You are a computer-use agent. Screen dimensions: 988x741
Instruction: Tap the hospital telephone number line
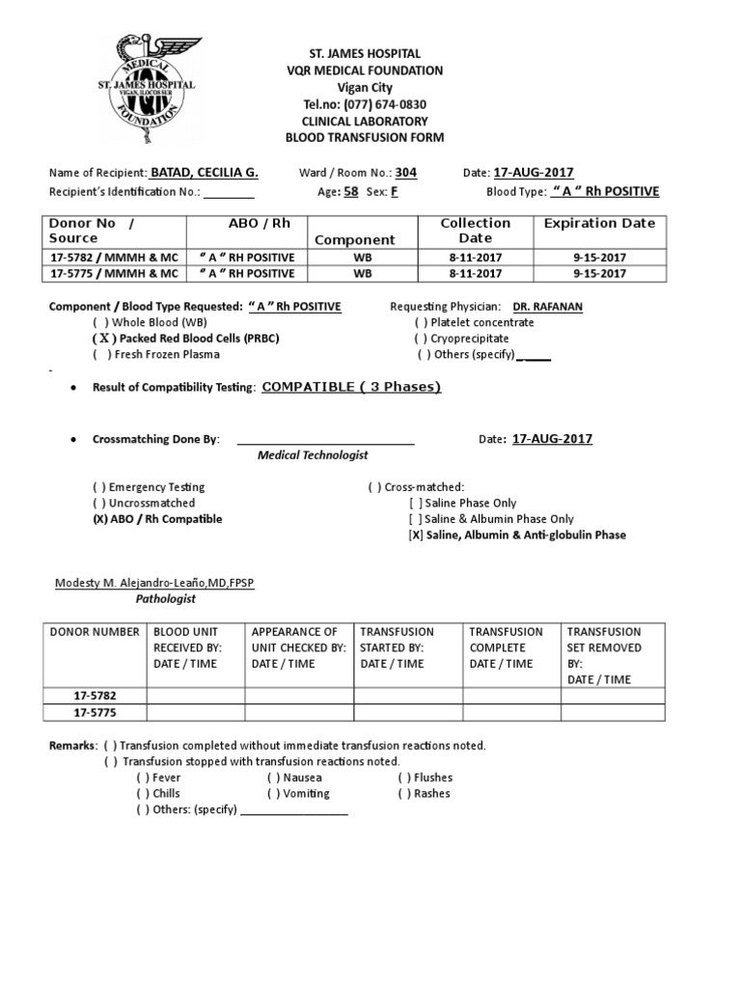pos(364,104)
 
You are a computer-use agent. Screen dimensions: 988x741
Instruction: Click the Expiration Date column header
pos(599,223)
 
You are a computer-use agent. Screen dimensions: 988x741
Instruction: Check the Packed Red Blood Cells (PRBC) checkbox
pos(100,339)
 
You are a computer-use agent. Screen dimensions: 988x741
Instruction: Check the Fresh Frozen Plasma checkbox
pos(100,355)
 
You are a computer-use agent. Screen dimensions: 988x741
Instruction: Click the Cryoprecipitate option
pos(422,339)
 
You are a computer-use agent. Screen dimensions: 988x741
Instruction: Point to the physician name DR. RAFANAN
pos(548,307)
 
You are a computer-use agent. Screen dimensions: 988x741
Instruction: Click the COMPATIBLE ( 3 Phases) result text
pos(351,387)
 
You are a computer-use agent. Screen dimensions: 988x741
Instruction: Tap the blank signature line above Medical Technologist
pos(325,442)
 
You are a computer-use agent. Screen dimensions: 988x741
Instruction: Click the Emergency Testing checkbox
pos(99,487)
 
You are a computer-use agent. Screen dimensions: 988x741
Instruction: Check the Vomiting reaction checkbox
pos(274,794)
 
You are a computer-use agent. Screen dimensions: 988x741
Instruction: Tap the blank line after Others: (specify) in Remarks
pos(294,811)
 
